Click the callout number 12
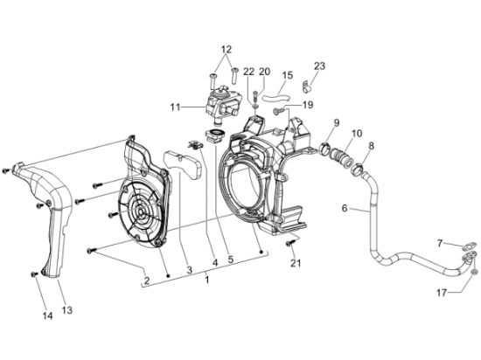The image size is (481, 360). coord(227,49)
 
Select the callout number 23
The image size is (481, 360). coord(319,66)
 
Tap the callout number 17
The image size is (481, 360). coord(442,294)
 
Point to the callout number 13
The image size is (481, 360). coord(67,310)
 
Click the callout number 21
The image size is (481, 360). coord(296,263)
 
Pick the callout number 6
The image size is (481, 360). coord(345,208)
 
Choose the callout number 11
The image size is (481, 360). coord(175,107)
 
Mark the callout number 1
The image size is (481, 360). coord(207,280)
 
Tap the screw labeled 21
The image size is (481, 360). coord(290,243)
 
